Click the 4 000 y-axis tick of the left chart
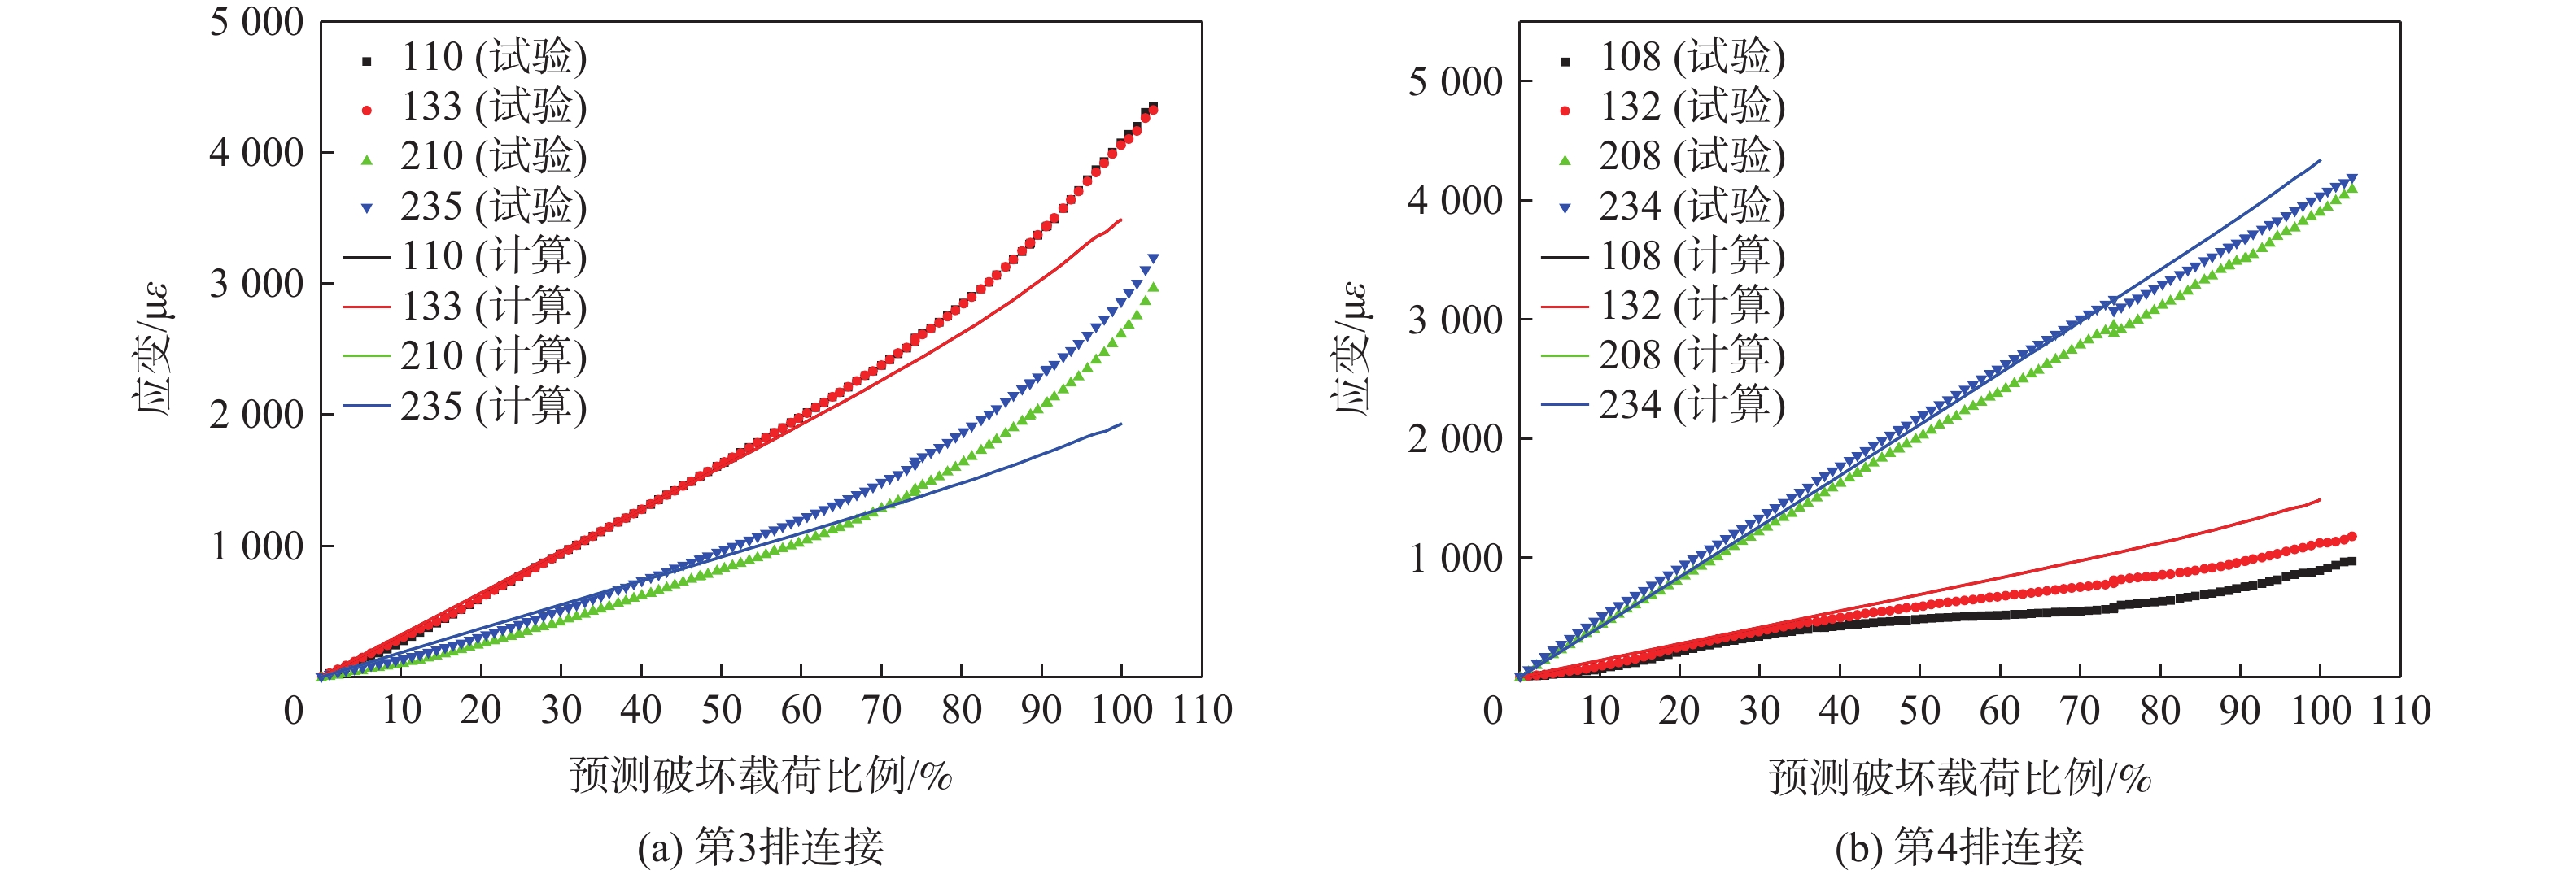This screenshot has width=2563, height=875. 255,153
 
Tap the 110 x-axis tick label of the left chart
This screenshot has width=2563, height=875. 1202,711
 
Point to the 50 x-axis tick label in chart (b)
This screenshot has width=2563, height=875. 1919,711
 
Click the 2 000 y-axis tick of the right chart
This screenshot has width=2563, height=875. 1455,438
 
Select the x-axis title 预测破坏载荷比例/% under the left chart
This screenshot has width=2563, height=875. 761,776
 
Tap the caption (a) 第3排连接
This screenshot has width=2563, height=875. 761,847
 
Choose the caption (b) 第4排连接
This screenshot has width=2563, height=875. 1959,847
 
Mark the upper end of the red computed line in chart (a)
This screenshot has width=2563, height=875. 1121,220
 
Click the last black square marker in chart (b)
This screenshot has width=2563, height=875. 2352,562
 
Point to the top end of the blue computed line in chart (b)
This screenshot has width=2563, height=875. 2321,160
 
